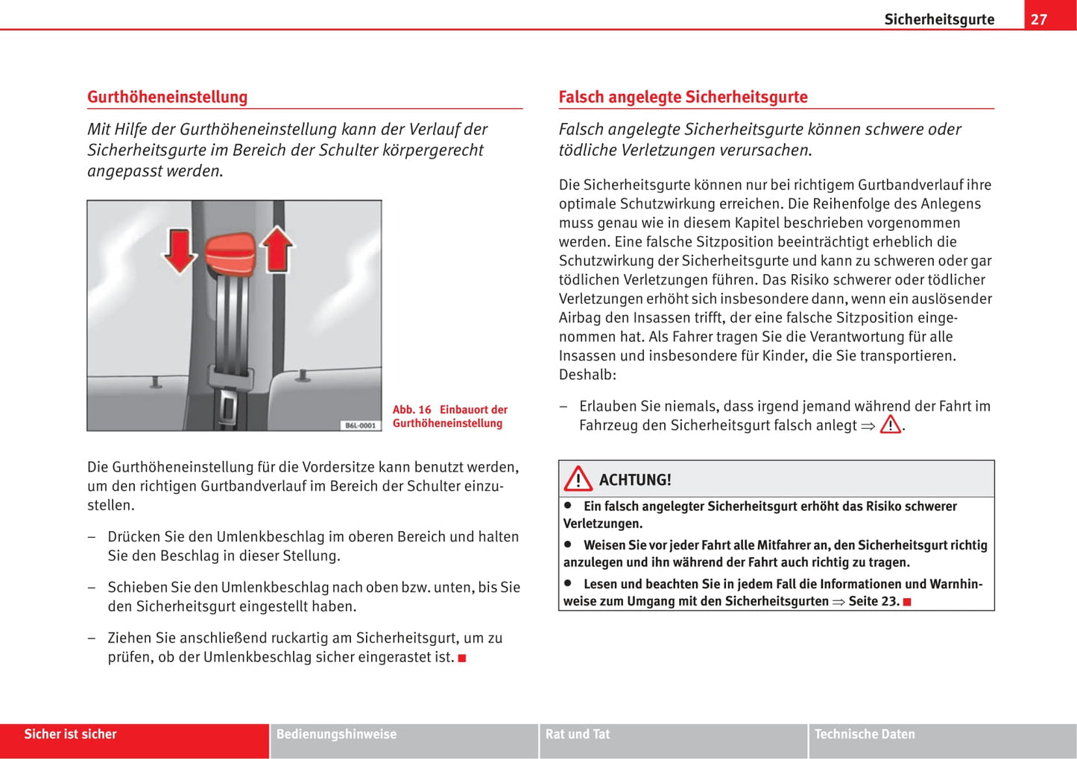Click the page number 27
click(1039, 19)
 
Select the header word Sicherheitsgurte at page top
click(939, 19)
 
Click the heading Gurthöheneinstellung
click(167, 97)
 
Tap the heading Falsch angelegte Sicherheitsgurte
click(683, 97)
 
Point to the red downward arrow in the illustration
click(179, 250)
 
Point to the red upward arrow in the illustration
click(277, 247)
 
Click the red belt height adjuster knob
click(230, 253)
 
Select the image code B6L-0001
click(360, 425)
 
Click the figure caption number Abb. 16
click(411, 410)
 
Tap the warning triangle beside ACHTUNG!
click(578, 480)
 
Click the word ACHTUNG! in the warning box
click(635, 480)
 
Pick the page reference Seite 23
click(874, 601)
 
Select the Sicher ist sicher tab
click(70, 734)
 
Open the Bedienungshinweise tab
click(336, 734)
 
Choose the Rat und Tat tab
click(578, 734)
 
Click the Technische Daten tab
click(865, 734)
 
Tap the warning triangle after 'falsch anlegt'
click(890, 425)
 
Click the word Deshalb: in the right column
click(587, 375)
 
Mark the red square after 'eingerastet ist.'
click(462, 658)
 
